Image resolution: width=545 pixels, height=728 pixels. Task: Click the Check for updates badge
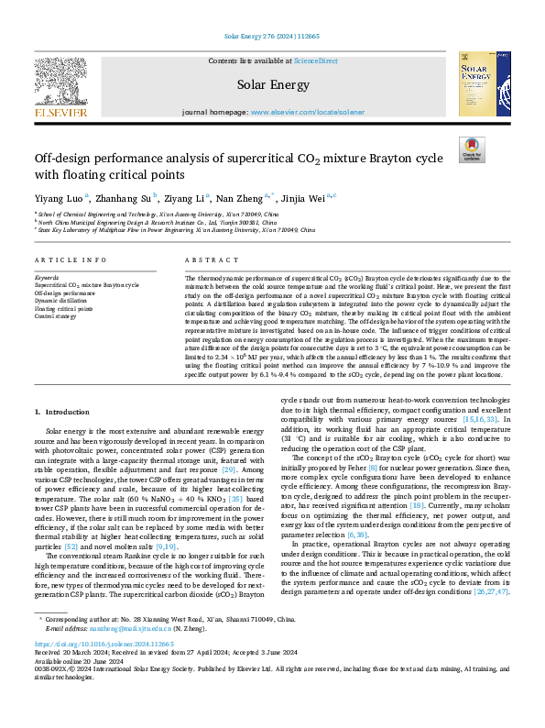472,150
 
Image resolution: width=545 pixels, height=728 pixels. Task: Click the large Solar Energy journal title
272,84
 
